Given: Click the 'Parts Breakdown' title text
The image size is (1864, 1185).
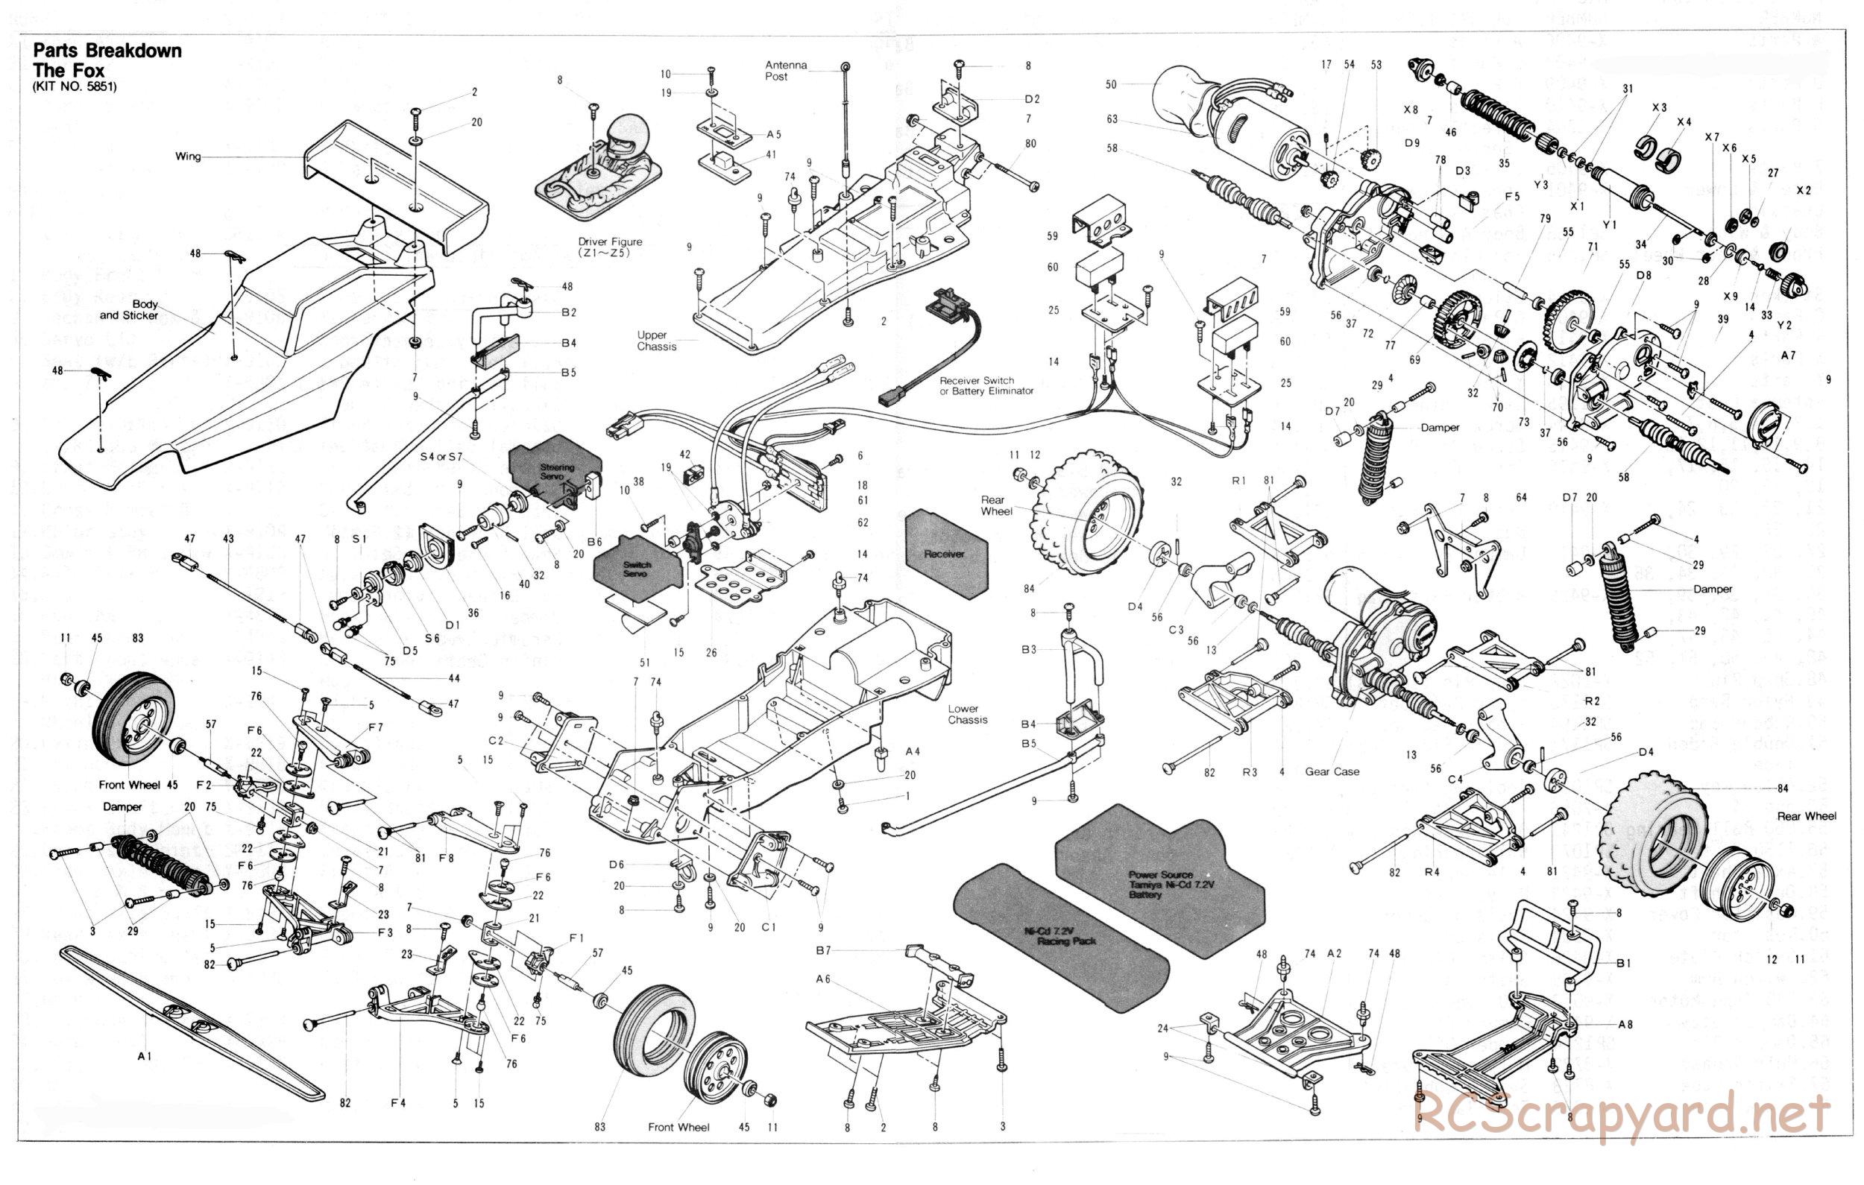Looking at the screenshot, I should click(107, 52).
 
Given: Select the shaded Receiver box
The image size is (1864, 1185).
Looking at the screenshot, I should click(945, 554).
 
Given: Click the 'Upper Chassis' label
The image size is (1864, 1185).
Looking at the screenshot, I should click(656, 341).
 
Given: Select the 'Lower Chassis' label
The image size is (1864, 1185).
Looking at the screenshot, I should click(968, 714).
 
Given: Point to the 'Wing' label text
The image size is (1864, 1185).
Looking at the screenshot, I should click(187, 157).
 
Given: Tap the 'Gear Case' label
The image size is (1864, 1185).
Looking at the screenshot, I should click(1332, 771).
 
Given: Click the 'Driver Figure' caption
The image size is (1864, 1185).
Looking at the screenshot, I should click(610, 247).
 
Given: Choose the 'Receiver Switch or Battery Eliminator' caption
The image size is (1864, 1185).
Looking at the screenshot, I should click(986, 385).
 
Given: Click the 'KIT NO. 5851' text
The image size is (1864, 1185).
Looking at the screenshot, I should click(75, 87).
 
